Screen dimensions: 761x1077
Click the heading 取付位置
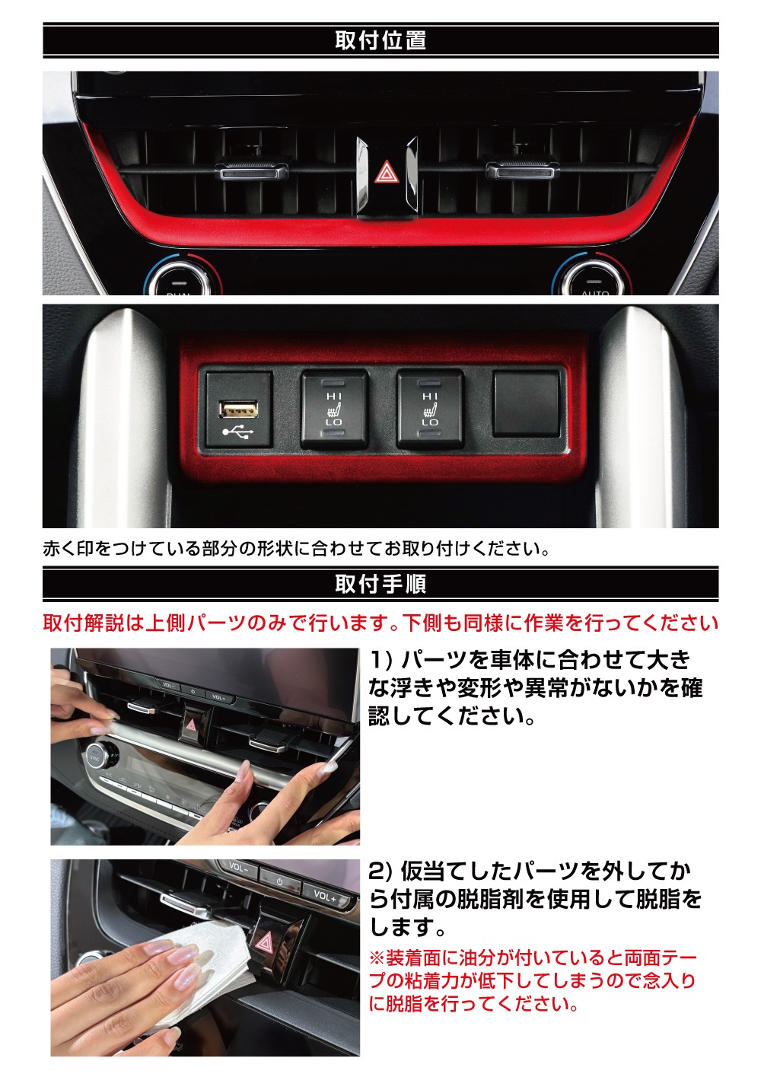(x=380, y=40)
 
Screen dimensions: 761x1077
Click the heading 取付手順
(x=380, y=585)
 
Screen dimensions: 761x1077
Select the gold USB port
(x=238, y=409)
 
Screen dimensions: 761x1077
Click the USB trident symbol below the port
(x=238, y=433)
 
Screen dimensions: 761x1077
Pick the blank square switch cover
(x=526, y=403)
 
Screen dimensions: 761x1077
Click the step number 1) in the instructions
(x=381, y=660)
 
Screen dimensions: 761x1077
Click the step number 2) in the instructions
(x=381, y=871)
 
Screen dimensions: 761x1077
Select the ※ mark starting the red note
(x=377, y=958)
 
